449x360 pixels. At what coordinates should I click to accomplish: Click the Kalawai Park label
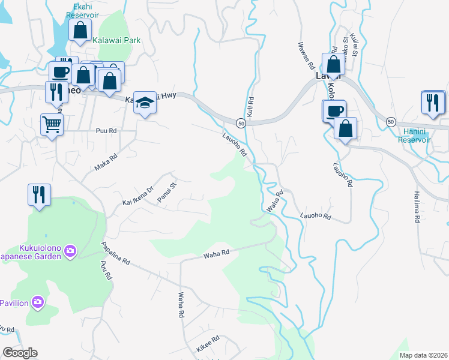click(116, 40)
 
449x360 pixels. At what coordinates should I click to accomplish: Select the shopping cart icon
click(52, 124)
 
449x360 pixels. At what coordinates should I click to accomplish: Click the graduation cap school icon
click(145, 102)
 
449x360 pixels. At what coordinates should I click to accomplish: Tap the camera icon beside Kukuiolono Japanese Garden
click(70, 250)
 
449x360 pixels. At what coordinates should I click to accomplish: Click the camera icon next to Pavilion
click(38, 301)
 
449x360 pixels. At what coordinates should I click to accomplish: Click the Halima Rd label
click(416, 208)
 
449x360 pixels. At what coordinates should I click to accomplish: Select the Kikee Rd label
click(208, 343)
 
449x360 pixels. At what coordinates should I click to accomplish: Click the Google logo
click(20, 353)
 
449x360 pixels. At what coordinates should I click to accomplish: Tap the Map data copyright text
click(423, 355)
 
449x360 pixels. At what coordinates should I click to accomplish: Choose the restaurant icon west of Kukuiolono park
click(39, 194)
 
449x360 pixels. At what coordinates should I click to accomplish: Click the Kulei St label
click(354, 45)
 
